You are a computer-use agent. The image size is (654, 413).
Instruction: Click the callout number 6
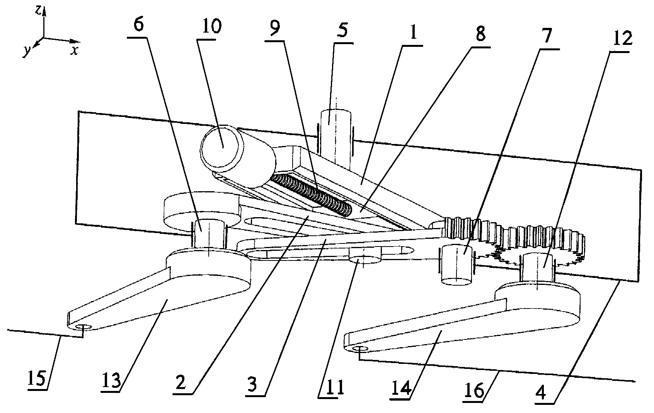(x=139, y=24)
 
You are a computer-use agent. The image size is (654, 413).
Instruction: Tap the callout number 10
(x=212, y=26)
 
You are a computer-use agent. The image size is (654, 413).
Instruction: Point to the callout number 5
(x=342, y=30)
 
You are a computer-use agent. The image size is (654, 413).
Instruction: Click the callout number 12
(x=622, y=38)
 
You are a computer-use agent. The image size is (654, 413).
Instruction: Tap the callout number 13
(x=111, y=380)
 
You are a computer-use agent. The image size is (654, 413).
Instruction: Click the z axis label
(x=38, y=10)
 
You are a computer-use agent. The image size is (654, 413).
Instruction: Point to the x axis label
(x=75, y=51)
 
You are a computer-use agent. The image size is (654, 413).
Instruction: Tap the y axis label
(x=27, y=51)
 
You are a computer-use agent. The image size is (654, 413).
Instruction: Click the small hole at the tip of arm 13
(x=83, y=327)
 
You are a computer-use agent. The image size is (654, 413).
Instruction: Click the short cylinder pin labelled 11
(x=365, y=255)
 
